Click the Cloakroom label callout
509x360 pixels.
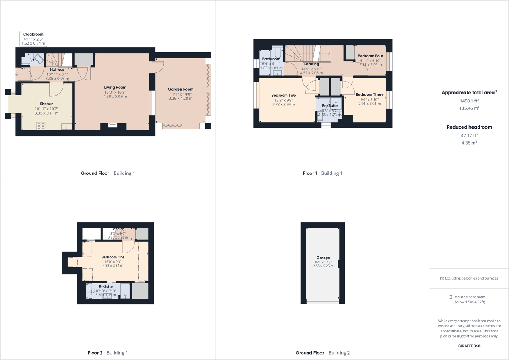click(x=33, y=39)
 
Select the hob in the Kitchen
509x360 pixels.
click(x=41, y=126)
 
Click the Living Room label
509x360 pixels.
click(x=115, y=88)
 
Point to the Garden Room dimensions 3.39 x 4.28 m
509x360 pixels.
click(x=181, y=99)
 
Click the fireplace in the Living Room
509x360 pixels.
click(x=113, y=124)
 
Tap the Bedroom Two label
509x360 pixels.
click(x=283, y=96)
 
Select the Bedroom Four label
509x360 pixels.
click(x=370, y=56)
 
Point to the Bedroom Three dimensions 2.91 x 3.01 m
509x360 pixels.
click(x=369, y=104)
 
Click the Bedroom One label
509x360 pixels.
click(x=113, y=257)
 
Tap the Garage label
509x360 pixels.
click(x=323, y=258)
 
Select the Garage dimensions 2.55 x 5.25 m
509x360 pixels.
click(x=323, y=266)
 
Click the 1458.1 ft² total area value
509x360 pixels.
click(x=469, y=101)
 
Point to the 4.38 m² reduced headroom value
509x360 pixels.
click(x=469, y=143)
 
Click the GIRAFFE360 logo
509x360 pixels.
click(x=469, y=346)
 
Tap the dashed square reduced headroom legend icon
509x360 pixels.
click(x=450, y=297)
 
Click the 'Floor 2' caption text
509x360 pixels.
click(x=95, y=353)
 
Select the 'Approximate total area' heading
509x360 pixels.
click(x=468, y=93)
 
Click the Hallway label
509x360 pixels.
click(x=57, y=70)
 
